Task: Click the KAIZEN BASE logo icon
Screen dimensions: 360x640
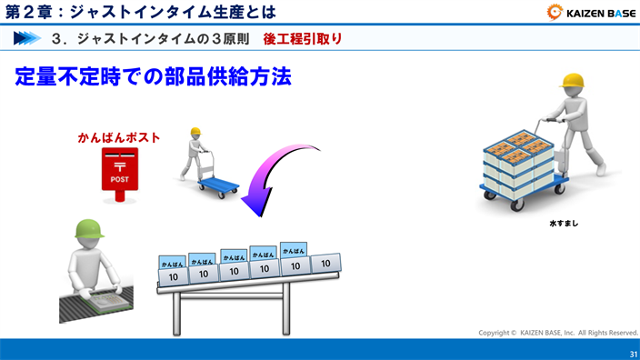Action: [555, 12]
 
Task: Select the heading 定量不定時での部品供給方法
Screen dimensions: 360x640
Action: [153, 76]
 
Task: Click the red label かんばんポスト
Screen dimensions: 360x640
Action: [118, 138]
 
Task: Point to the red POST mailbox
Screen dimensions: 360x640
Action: [119, 171]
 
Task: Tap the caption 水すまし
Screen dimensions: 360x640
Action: [563, 223]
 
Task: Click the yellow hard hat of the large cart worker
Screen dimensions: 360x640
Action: [571, 80]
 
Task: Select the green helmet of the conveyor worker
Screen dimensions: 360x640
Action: [88, 227]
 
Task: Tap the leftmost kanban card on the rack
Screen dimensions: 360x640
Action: [172, 263]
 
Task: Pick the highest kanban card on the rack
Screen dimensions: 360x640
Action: [293, 250]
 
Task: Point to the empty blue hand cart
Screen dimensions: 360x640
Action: [218, 185]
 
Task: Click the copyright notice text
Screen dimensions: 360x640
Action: [558, 333]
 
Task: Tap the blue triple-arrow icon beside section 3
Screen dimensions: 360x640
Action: [27, 39]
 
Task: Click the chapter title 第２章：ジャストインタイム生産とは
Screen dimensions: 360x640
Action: [140, 12]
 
